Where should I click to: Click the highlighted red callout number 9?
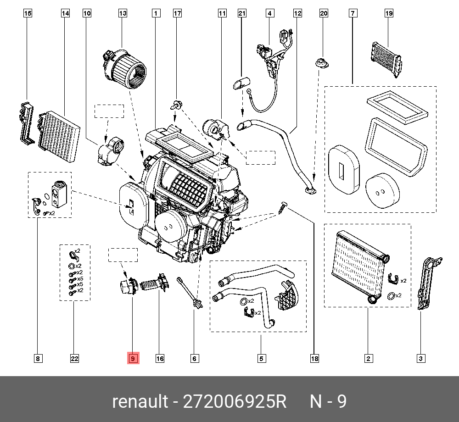click(133, 359)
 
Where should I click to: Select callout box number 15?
click(28, 14)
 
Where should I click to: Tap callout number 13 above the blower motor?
click(123, 14)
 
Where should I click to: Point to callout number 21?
click(242, 14)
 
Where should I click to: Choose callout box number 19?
click(389, 14)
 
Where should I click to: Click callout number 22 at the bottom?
click(75, 359)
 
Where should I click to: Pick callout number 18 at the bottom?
click(314, 359)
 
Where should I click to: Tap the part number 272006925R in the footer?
click(235, 402)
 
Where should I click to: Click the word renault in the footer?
click(140, 402)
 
